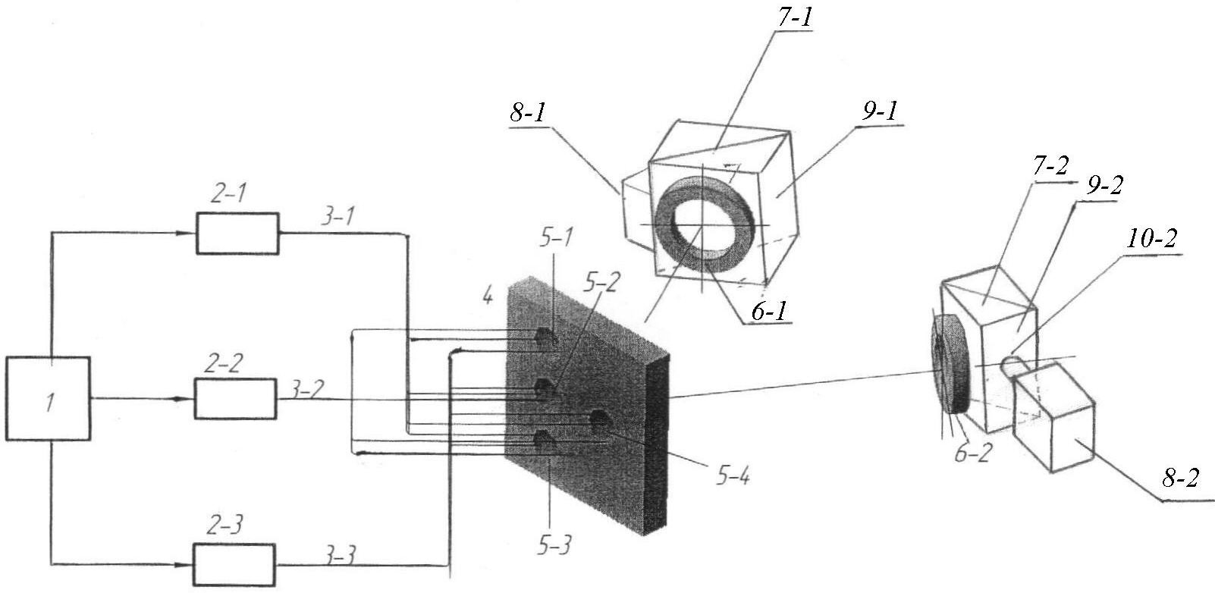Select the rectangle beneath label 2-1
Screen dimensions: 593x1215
[x=237, y=234]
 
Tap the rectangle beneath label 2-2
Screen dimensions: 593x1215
[x=236, y=398]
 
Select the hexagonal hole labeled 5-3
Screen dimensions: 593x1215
[x=544, y=439]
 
